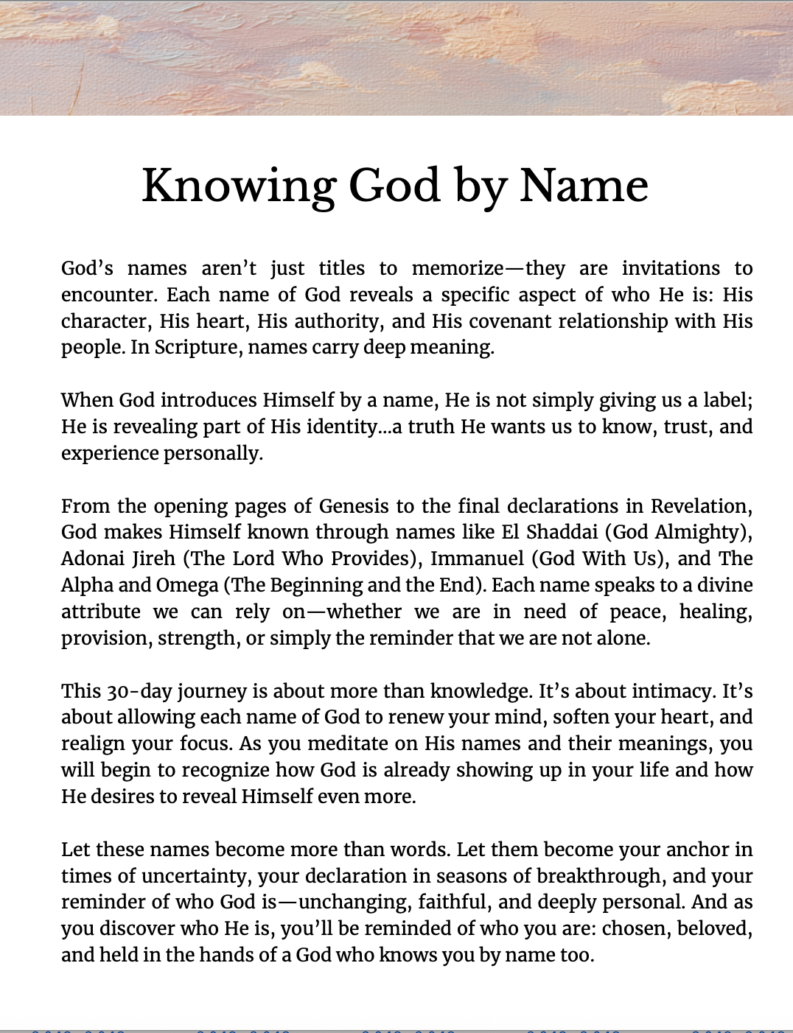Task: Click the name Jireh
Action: pos(154,558)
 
